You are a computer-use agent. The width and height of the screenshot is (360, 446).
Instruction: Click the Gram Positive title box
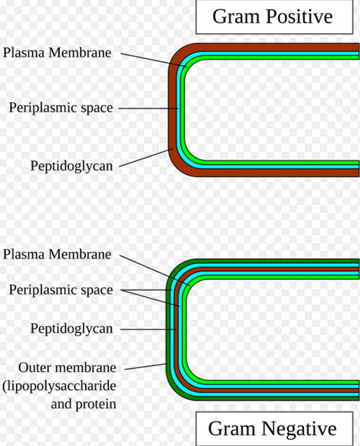click(x=274, y=17)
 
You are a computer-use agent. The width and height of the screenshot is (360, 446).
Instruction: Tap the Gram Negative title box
click(x=274, y=429)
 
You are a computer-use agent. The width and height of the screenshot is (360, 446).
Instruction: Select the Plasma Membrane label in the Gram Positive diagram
click(x=57, y=53)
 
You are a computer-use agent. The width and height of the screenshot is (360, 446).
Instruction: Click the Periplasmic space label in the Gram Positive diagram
click(x=61, y=108)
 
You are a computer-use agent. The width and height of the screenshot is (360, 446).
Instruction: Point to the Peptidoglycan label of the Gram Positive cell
click(x=71, y=166)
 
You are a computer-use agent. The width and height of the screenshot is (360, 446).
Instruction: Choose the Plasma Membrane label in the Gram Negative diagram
click(x=57, y=254)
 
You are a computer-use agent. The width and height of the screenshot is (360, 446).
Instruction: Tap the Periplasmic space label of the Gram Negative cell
click(x=61, y=290)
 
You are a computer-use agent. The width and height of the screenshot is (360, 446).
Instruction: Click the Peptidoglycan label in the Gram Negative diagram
click(x=71, y=329)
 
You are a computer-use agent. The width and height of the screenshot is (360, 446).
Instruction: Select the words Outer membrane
click(x=67, y=368)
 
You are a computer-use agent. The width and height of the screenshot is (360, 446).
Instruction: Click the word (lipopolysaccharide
click(x=60, y=386)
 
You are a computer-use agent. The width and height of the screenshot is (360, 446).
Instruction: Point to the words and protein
click(x=84, y=404)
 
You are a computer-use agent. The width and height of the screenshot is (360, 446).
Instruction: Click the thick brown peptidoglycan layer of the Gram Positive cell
click(x=172, y=114)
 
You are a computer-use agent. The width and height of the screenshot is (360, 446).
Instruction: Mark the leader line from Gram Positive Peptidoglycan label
click(x=146, y=158)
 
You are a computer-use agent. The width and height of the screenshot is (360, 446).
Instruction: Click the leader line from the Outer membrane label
click(x=146, y=367)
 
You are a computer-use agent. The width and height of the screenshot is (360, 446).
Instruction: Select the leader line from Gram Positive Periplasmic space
click(x=148, y=109)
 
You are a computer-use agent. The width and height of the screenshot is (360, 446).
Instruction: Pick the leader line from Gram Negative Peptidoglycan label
click(x=148, y=329)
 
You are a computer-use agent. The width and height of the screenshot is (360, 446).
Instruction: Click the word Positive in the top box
click(x=300, y=17)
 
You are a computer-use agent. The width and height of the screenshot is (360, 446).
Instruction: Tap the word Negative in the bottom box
click(x=299, y=429)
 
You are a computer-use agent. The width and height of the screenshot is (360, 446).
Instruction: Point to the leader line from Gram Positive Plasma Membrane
click(x=153, y=60)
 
